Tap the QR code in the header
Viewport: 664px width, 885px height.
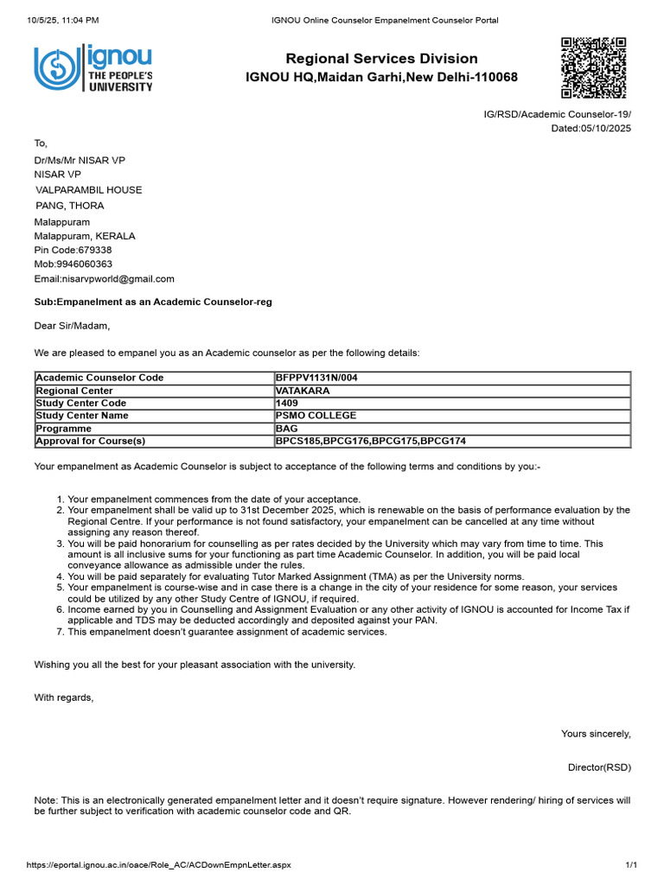tap(593, 68)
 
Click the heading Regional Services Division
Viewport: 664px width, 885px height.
tap(381, 59)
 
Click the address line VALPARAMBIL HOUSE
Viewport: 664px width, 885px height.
tap(88, 190)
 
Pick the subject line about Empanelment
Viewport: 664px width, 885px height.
tap(153, 302)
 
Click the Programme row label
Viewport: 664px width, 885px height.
tap(61, 429)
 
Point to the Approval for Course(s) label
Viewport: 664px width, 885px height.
tap(90, 442)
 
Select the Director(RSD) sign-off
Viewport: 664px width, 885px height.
tap(599, 767)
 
